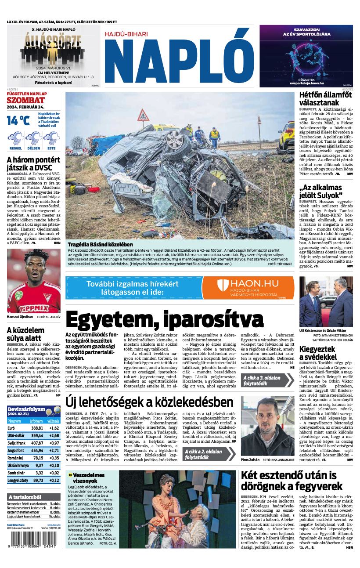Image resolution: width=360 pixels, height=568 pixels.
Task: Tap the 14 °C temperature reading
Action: pos(18,120)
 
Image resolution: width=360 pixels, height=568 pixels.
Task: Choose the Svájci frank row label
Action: pos(17,443)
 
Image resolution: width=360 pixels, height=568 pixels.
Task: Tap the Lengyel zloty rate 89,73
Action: pos(38,481)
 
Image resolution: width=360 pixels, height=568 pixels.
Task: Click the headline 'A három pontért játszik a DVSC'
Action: pos(33,163)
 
